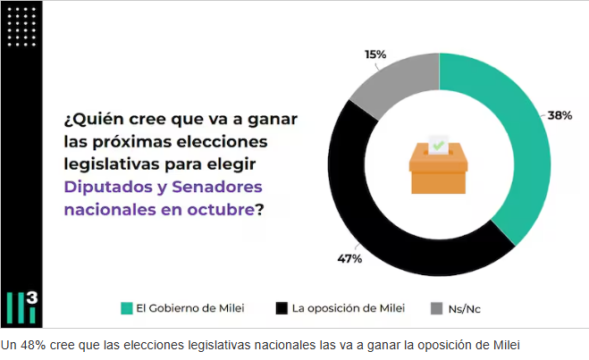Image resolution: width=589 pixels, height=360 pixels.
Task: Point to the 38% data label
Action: (x=560, y=116)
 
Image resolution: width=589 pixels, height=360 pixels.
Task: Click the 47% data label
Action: (x=349, y=258)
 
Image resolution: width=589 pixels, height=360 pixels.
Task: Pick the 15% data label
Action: (x=375, y=54)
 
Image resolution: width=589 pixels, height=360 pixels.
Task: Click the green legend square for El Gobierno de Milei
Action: (x=127, y=308)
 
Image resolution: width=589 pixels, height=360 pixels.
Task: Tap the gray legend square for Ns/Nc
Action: (x=436, y=308)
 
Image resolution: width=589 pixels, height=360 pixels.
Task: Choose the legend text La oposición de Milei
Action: (x=348, y=308)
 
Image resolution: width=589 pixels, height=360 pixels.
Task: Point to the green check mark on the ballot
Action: (x=438, y=143)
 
